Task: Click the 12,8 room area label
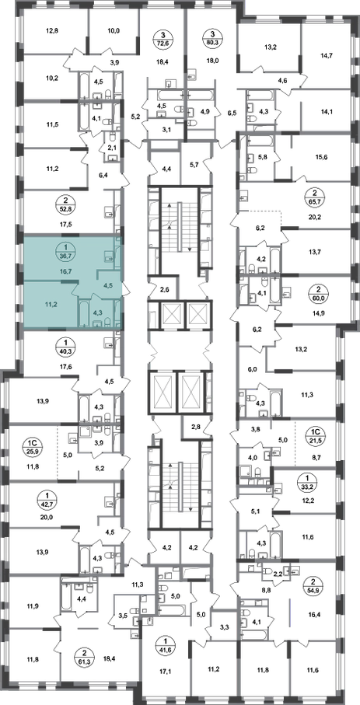tap(53, 31)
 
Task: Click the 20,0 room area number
tap(47, 517)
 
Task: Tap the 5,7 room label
tap(195, 165)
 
